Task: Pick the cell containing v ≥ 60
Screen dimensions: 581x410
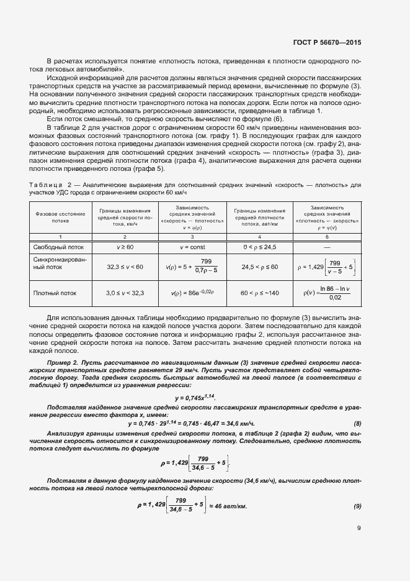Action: click(x=126, y=247)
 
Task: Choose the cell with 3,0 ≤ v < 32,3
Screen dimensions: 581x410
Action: click(x=125, y=291)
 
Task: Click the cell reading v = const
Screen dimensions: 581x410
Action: click(x=192, y=247)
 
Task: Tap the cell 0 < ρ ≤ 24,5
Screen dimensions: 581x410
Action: click(x=259, y=247)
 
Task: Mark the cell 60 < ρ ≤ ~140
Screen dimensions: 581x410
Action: click(x=259, y=291)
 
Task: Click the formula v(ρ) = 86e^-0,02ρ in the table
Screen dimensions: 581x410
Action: click(x=192, y=291)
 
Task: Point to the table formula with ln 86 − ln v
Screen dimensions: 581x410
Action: click(x=327, y=292)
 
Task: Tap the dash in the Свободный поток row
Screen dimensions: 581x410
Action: click(x=327, y=247)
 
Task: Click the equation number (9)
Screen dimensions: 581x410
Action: click(x=357, y=506)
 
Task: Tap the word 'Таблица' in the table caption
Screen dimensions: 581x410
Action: click(x=45, y=185)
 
